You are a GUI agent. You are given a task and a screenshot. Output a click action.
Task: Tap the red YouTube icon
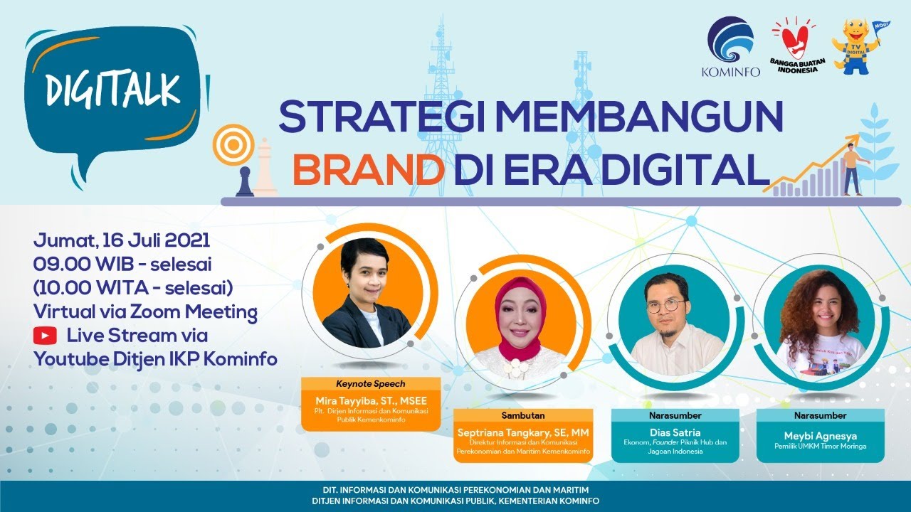pyautogui.click(x=45, y=335)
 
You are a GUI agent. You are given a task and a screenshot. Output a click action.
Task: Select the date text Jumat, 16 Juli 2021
pyautogui.click(x=122, y=240)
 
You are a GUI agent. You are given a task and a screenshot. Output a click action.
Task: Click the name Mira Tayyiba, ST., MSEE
pyautogui.click(x=360, y=402)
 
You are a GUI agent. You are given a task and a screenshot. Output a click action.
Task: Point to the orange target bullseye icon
pyautogui.click(x=231, y=145)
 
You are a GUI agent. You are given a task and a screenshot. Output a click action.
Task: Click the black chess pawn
pyautogui.click(x=245, y=181)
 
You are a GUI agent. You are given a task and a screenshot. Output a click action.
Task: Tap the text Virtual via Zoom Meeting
pyautogui.click(x=145, y=311)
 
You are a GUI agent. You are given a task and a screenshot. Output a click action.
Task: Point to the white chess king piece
pyautogui.click(x=265, y=168)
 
